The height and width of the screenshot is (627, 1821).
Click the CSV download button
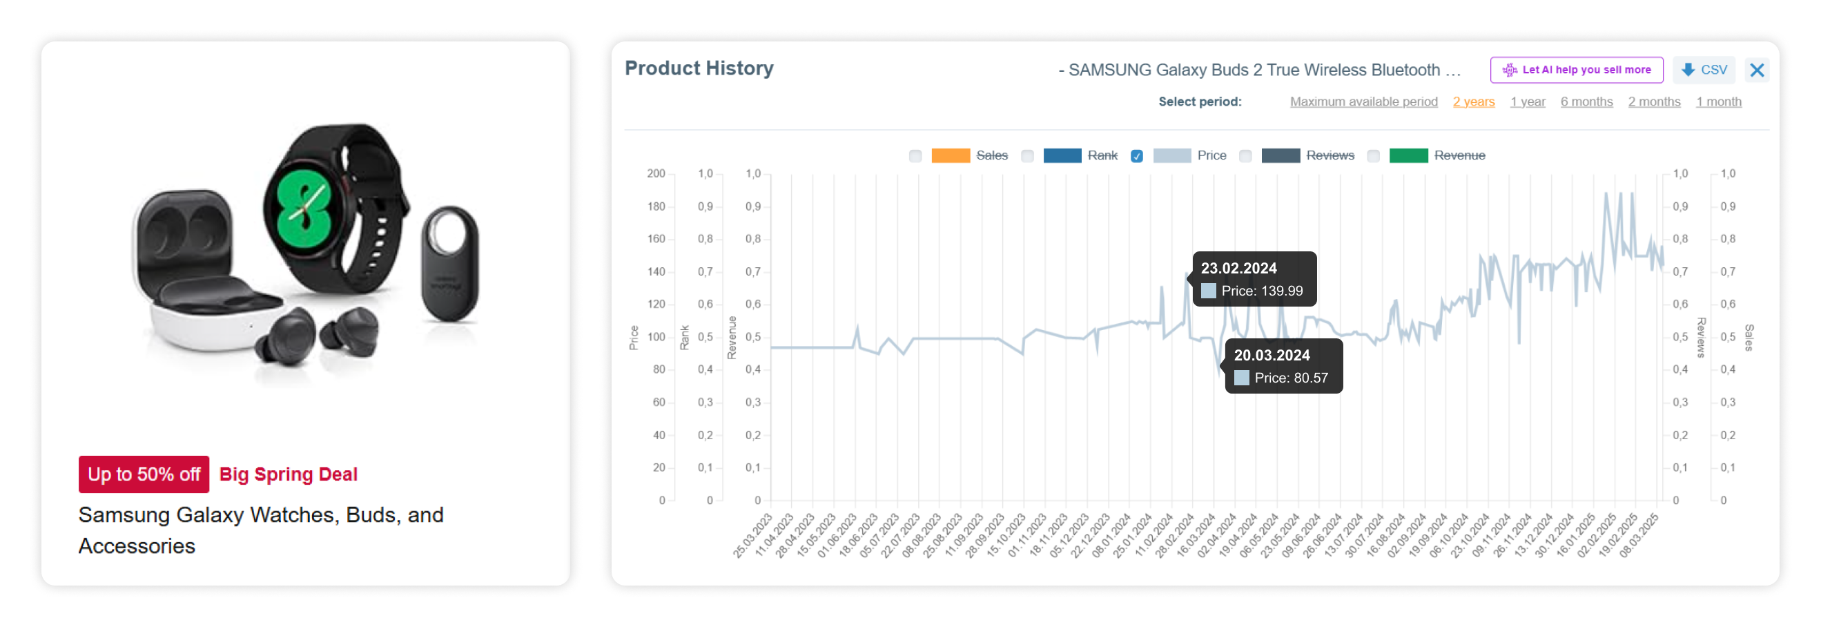coord(1704,70)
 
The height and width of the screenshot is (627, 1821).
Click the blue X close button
coord(1757,70)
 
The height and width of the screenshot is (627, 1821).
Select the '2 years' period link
coord(1473,102)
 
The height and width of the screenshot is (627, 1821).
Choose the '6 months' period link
coord(1586,102)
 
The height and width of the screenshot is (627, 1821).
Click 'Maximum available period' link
coord(1363,102)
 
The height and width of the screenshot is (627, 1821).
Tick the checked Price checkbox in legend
coord(1136,156)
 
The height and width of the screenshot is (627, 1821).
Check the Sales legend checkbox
coord(915,156)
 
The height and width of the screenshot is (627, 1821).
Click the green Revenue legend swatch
coord(1408,156)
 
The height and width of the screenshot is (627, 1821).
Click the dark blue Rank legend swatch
coord(1062,156)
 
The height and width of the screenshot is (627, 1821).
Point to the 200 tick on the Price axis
coord(655,174)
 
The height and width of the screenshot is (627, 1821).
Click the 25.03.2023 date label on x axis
coord(752,536)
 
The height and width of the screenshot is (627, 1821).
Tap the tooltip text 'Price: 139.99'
coord(1261,291)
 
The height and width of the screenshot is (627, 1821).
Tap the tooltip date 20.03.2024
coord(1271,356)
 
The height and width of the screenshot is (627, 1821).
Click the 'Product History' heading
coord(699,68)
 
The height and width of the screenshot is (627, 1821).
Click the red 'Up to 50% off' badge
coord(144,474)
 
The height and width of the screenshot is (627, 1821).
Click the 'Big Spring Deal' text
coord(289,474)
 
